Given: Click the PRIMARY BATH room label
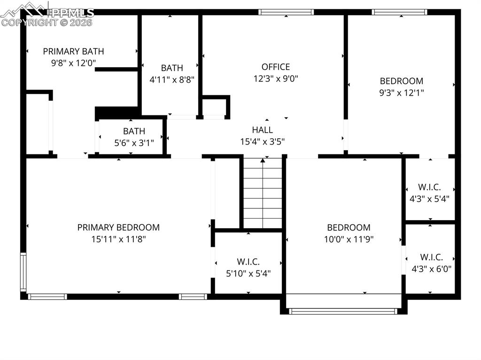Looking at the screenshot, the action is click(73, 51).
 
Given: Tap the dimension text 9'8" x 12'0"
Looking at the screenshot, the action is click(73, 63).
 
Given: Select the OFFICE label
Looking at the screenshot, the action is click(275, 67).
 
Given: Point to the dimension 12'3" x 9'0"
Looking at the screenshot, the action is click(275, 78).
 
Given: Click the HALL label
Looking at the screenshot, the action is click(262, 130).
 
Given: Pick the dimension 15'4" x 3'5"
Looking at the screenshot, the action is click(262, 142).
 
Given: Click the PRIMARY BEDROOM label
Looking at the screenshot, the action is click(118, 228).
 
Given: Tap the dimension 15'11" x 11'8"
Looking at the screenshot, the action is click(118, 239).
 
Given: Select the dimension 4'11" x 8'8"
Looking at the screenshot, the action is click(172, 80).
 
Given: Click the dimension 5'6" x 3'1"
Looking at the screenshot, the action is click(134, 143).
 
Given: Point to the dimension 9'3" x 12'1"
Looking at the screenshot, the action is click(401, 92).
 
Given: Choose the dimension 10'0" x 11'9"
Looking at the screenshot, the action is click(349, 239).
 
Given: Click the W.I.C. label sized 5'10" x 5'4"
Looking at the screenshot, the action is click(248, 262).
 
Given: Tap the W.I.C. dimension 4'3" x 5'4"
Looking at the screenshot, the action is click(429, 199).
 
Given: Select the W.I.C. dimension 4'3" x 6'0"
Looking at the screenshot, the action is click(431, 269).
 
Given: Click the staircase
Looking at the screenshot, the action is click(263, 193).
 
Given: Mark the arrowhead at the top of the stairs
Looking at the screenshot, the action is click(263, 160).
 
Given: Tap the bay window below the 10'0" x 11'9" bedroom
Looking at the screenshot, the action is click(343, 311).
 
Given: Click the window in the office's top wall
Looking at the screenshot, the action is click(286, 12).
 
